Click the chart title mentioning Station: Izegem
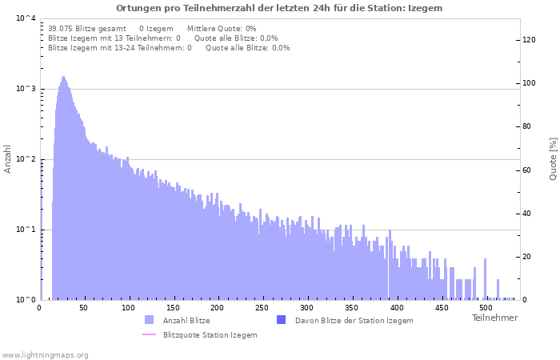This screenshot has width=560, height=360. pyautogui.click(x=279, y=8)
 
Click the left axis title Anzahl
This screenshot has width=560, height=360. pyautogui.click(x=8, y=159)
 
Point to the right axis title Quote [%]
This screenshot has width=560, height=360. pyautogui.click(x=553, y=158)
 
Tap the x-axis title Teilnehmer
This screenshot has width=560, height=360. pyautogui.click(x=494, y=318)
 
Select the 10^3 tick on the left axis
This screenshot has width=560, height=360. pyautogui.click(x=26, y=89)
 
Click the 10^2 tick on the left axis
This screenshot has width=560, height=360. pyautogui.click(x=26, y=159)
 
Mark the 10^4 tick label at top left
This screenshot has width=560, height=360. pyautogui.click(x=26, y=18)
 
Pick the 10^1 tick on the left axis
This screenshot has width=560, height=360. pyautogui.click(x=26, y=230)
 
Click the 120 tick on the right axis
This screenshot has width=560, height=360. pyautogui.click(x=529, y=40)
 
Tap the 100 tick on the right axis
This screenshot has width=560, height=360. pyautogui.click(x=529, y=83)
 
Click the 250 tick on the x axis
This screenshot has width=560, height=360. pyautogui.click(x=262, y=308)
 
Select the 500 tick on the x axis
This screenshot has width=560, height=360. pyautogui.click(x=484, y=308)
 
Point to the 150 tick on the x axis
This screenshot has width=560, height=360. pyautogui.click(x=173, y=308)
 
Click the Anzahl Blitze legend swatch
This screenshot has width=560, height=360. pyautogui.click(x=149, y=320)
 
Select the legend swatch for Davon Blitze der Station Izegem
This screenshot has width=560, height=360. pyautogui.click(x=281, y=320)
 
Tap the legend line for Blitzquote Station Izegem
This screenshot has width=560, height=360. pyautogui.click(x=149, y=334)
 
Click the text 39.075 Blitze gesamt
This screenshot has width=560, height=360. pyautogui.click(x=87, y=28)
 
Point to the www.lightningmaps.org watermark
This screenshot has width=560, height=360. pyautogui.click(x=46, y=354)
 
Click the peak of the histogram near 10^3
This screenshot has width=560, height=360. pyautogui.click(x=64, y=78)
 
